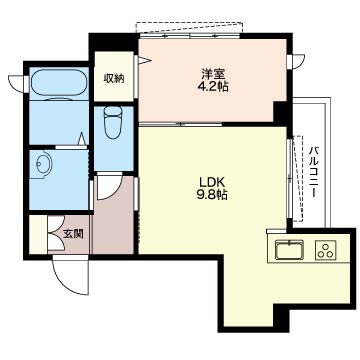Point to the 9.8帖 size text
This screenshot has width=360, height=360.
pyautogui.click(x=212, y=195)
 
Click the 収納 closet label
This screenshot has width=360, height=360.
pyautogui.click(x=114, y=78)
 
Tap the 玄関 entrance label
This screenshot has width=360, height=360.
pyautogui.click(x=73, y=234)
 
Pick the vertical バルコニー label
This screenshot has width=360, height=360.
pyautogui.click(x=313, y=172)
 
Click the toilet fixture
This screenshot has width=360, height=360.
pyautogui.click(x=113, y=122)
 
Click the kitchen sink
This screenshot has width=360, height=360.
pyautogui.click(x=289, y=250)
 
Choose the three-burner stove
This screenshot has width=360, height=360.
pyautogui.click(x=326, y=250)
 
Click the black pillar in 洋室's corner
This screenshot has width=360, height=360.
pyautogui.click(x=280, y=113)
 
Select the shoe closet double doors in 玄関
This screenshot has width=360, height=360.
pyautogui.click(x=55, y=233)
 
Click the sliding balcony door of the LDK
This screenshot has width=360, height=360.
pyautogui.click(x=289, y=179)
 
